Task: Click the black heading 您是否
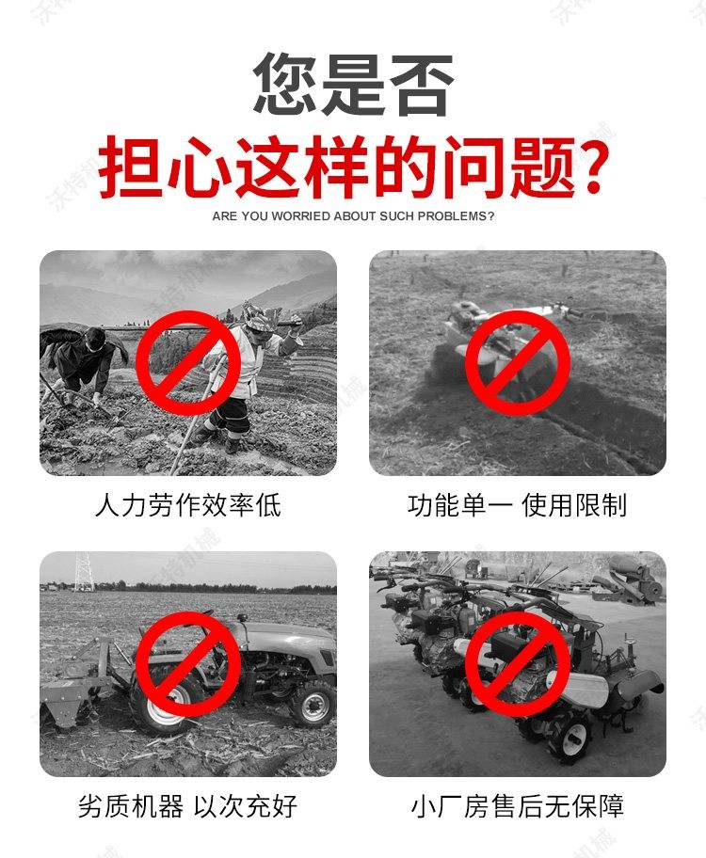click(x=353, y=84)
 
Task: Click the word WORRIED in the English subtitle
click(x=301, y=216)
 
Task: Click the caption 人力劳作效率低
click(x=188, y=504)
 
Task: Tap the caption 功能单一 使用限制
click(x=518, y=504)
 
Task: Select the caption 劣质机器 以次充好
click(x=188, y=806)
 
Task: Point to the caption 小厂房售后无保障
click(x=518, y=806)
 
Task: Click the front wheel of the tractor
click(x=313, y=703)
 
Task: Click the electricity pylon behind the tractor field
click(x=84, y=571)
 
